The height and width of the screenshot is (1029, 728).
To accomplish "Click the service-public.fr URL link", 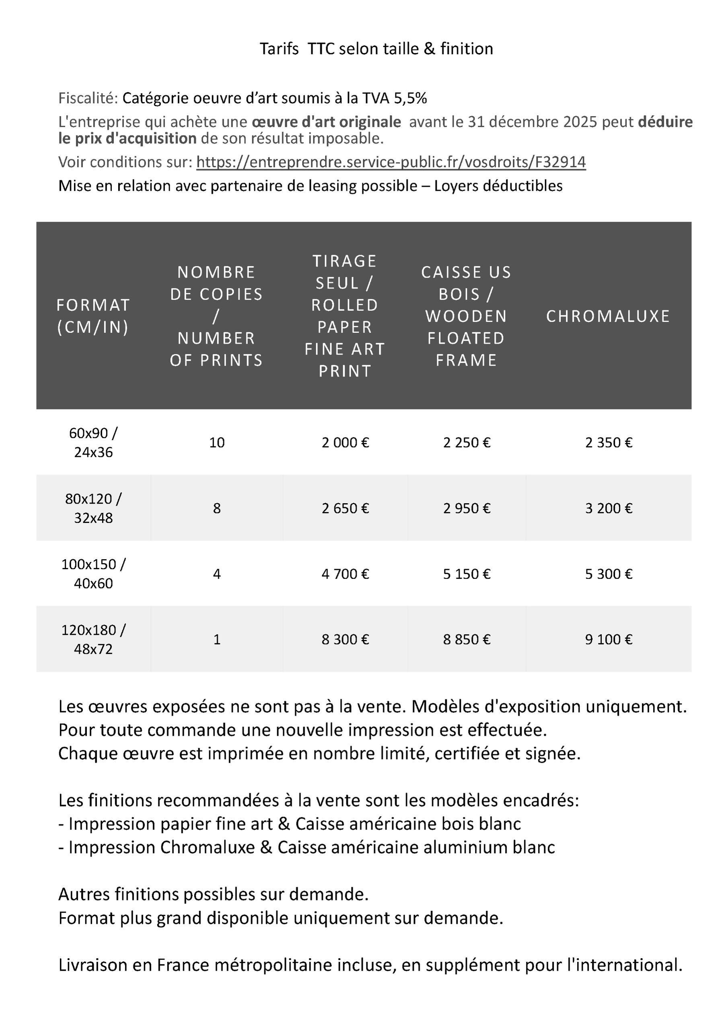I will [391, 162].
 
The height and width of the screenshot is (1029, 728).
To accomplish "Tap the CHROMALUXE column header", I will [608, 316].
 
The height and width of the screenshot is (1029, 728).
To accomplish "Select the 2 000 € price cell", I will [345, 442].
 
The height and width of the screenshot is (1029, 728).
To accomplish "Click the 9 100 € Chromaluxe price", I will [608, 639].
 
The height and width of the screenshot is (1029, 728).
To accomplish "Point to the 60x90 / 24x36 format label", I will [93, 442].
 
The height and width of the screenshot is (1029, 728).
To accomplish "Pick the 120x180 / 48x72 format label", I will [93, 639].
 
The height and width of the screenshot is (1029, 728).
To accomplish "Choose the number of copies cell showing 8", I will [216, 508].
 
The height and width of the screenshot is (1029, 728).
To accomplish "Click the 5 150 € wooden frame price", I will [467, 574].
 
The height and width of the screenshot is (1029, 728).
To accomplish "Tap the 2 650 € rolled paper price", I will [345, 508].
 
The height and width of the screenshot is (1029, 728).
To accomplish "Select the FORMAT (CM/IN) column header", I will [93, 316].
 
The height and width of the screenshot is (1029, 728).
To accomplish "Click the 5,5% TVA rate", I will [410, 98].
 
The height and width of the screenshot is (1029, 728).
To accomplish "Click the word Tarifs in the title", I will [279, 49].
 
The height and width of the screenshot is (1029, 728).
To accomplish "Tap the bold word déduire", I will [665, 122].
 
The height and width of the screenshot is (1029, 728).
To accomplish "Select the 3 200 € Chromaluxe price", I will [608, 508].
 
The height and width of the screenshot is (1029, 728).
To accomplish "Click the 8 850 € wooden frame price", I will [467, 639].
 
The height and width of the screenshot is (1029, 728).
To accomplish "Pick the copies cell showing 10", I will [216, 442].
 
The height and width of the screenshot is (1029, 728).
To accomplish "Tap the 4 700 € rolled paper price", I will [345, 574].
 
